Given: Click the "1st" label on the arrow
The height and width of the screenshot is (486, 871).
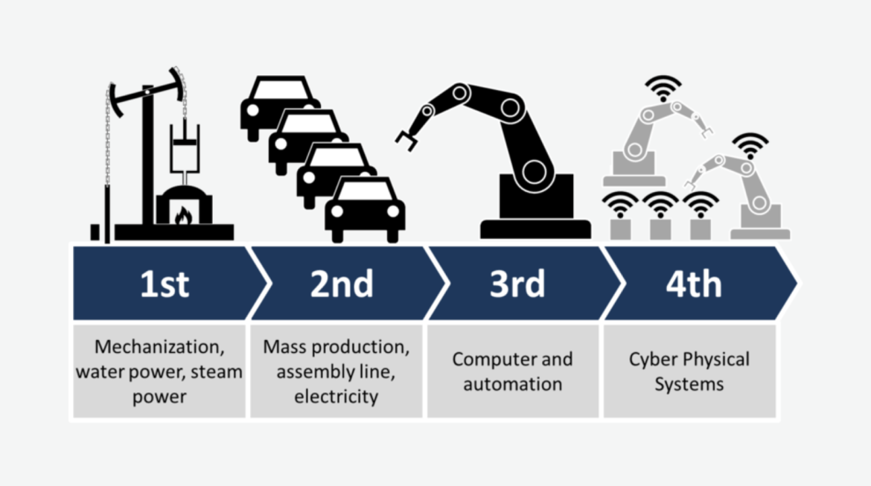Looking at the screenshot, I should pyautogui.click(x=165, y=284).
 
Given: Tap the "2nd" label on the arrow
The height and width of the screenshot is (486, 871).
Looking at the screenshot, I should pyautogui.click(x=342, y=284).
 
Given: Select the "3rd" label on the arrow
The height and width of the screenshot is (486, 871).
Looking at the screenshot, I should pyautogui.click(x=517, y=284).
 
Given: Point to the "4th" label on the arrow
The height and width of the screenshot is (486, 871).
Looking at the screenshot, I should pyautogui.click(x=694, y=284).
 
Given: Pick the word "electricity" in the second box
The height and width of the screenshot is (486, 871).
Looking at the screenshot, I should pyautogui.click(x=336, y=397).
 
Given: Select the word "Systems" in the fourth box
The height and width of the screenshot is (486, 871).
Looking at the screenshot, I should pyautogui.click(x=689, y=385).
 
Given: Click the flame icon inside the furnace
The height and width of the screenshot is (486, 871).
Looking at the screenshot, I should pyautogui.click(x=183, y=215).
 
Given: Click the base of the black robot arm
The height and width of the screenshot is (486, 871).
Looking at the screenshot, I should pyautogui.click(x=535, y=228).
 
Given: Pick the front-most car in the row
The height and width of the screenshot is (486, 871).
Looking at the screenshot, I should pyautogui.click(x=365, y=210).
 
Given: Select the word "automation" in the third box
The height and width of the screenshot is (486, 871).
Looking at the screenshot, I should pyautogui.click(x=512, y=385).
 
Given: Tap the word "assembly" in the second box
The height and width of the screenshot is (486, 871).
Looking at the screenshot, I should pyautogui.click(x=312, y=372).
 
